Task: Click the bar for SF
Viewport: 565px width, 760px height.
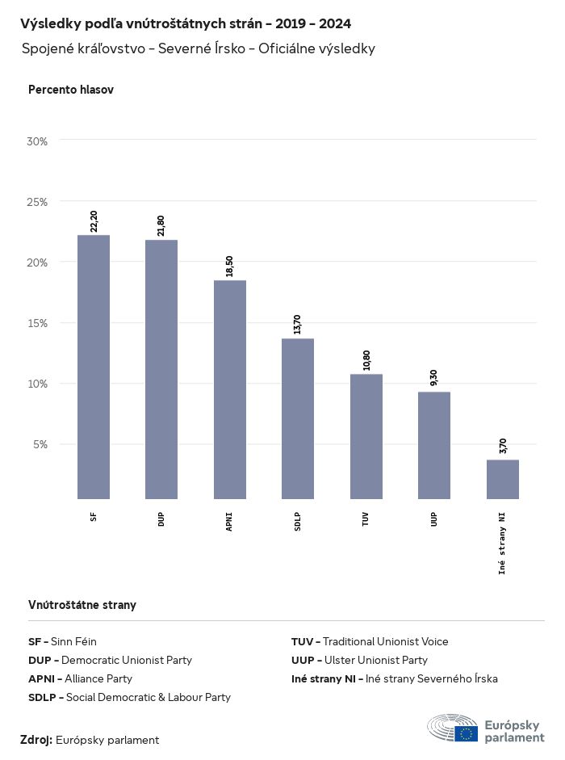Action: click(94, 367)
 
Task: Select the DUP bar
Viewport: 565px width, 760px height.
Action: click(161, 369)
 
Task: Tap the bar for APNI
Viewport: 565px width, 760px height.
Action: click(230, 389)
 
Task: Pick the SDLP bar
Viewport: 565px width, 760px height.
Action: click(298, 418)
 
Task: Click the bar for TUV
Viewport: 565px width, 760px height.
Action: click(366, 436)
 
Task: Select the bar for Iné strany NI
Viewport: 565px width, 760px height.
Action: click(502, 479)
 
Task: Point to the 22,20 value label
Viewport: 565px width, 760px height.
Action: click(94, 220)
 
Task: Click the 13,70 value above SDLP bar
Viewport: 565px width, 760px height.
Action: click(298, 324)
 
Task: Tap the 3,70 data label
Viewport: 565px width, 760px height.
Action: click(503, 446)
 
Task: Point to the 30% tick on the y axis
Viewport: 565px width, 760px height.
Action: click(38, 141)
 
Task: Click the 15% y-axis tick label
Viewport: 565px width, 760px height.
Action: click(38, 323)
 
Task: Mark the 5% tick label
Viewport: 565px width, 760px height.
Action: click(40, 444)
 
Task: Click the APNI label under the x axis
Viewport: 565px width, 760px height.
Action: click(230, 518)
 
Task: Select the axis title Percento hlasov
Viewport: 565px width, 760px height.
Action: click(71, 90)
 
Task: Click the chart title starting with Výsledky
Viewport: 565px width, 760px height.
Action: click(186, 23)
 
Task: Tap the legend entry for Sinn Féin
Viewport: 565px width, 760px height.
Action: click(63, 641)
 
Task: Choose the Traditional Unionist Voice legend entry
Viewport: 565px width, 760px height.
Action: click(370, 641)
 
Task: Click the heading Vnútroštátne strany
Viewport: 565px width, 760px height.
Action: click(82, 604)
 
